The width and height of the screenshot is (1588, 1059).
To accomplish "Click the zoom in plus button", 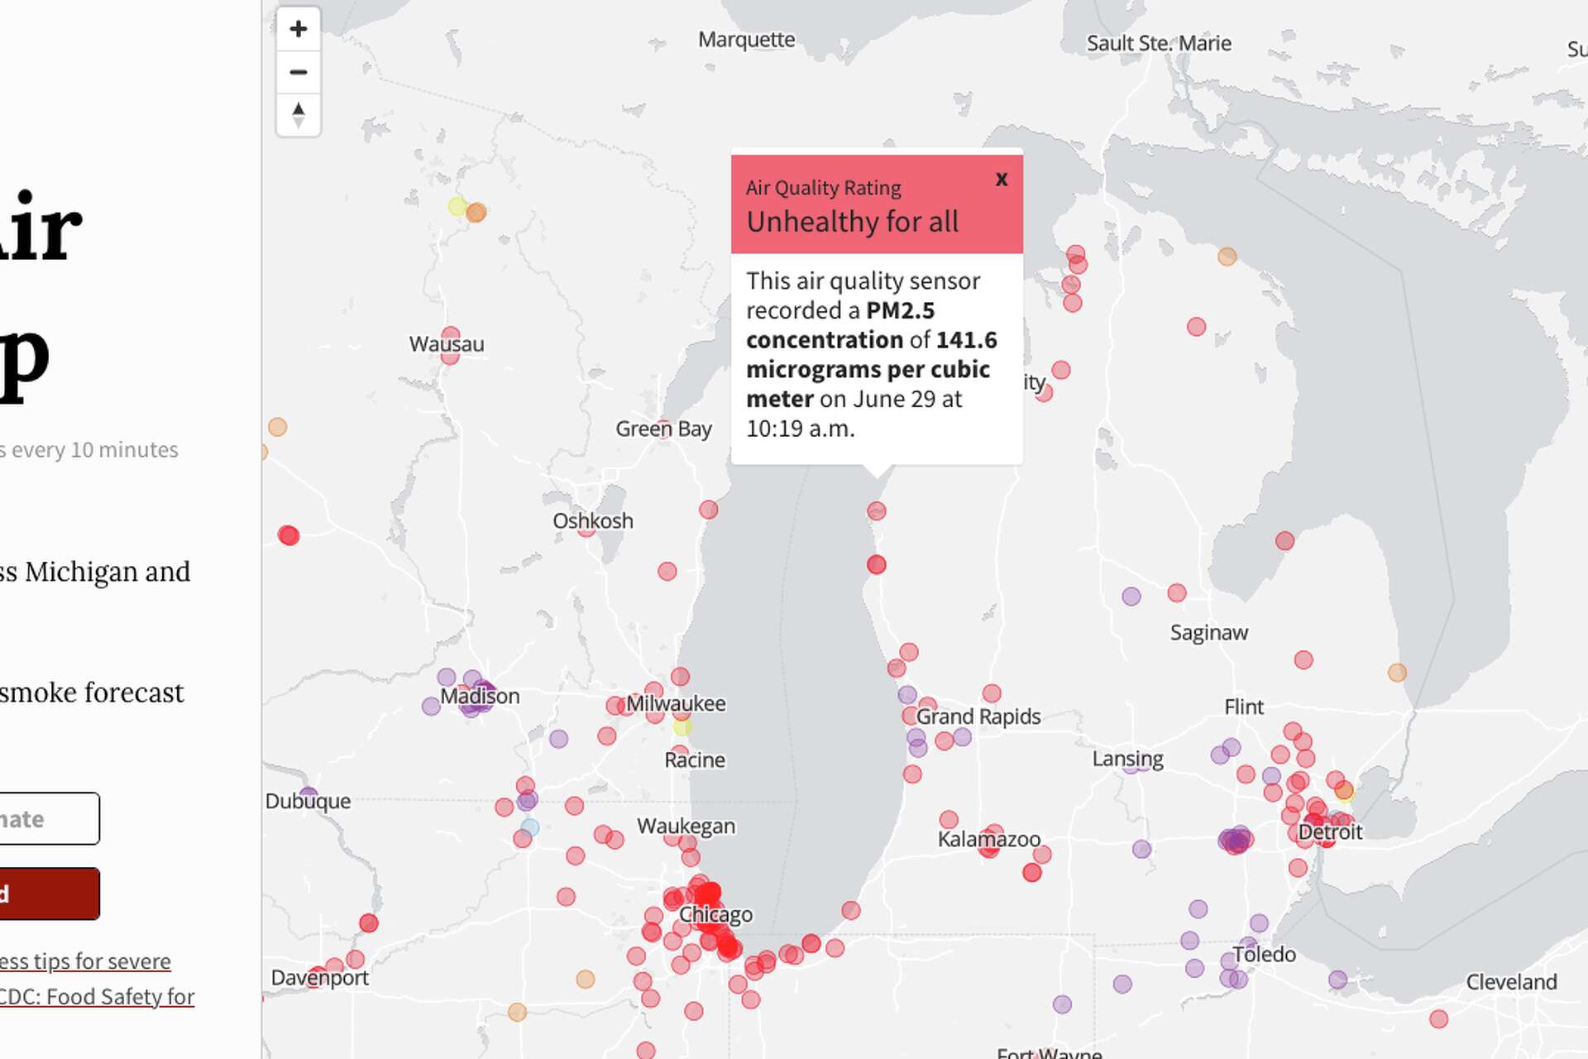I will tap(299, 29).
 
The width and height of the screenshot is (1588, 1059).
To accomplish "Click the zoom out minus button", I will tap(299, 72).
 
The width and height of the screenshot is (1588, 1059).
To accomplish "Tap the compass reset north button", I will tap(299, 115).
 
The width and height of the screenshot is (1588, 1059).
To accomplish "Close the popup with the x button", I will tap(1002, 179).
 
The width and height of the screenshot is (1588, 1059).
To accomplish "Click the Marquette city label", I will tap(746, 40).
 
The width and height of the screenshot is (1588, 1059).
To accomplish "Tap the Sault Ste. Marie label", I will tap(1158, 43).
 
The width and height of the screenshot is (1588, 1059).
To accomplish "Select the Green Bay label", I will tap(663, 429).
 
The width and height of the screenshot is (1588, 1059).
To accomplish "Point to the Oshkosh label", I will tap(593, 521).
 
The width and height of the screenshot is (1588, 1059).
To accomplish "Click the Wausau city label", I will tap(447, 344).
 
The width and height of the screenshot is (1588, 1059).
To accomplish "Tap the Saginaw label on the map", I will tap(1208, 633).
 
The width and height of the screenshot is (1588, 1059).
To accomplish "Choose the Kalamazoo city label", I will tap(988, 839).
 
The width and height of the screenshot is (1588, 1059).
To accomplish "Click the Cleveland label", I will tap(1511, 982).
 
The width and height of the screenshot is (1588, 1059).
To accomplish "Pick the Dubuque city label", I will tap(308, 801).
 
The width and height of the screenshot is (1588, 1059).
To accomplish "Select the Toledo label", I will tap(1264, 954).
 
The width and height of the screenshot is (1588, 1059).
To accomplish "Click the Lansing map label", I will tap(1127, 759).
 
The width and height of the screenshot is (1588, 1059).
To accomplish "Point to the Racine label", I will tap(695, 760).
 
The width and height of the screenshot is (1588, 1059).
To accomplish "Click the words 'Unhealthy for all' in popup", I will tap(852, 222).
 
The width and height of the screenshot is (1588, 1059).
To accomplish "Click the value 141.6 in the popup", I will tap(966, 340).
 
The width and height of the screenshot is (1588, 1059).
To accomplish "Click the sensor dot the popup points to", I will tap(877, 511).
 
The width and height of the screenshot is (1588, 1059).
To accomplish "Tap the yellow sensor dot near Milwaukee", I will tap(682, 727).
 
